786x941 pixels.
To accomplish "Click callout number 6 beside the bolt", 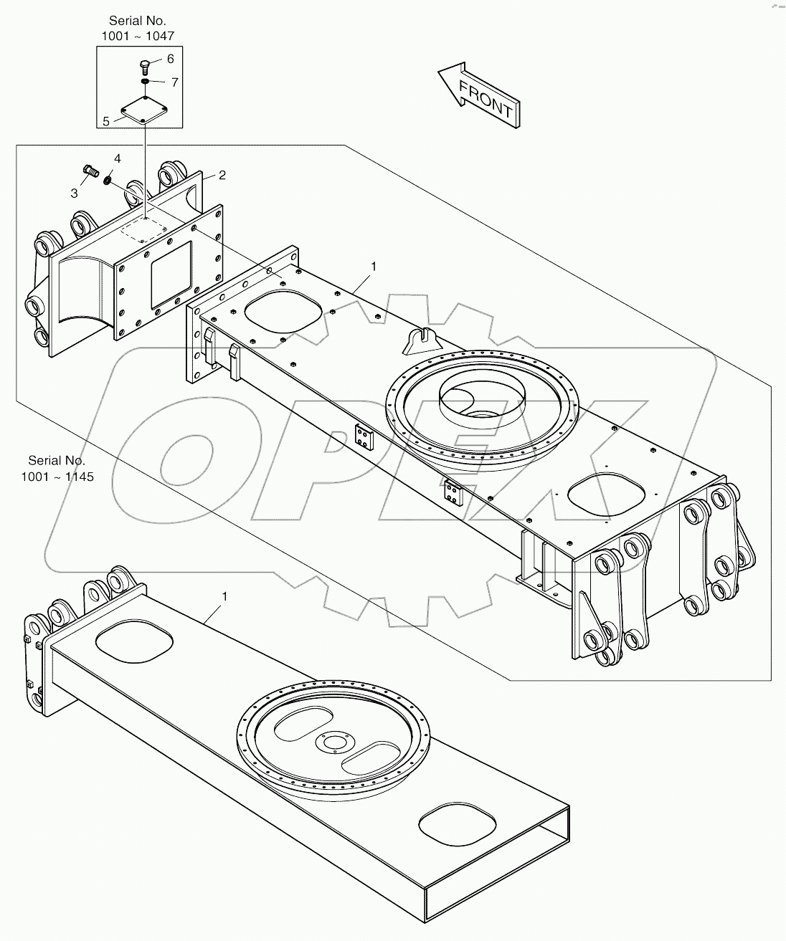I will [170, 59].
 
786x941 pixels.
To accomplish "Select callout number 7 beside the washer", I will [174, 82].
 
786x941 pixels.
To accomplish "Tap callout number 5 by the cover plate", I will [106, 121].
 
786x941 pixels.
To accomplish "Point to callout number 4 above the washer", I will [118, 158].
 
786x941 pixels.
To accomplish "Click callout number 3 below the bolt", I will [74, 193].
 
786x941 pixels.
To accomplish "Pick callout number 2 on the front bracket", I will [222, 175].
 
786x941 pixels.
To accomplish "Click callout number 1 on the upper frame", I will [373, 267].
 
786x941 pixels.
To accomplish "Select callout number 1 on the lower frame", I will [225, 596].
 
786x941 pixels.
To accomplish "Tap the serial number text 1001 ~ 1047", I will [138, 34].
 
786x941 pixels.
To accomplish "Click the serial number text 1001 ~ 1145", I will [61, 476].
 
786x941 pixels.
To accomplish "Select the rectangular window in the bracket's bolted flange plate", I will [171, 275].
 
